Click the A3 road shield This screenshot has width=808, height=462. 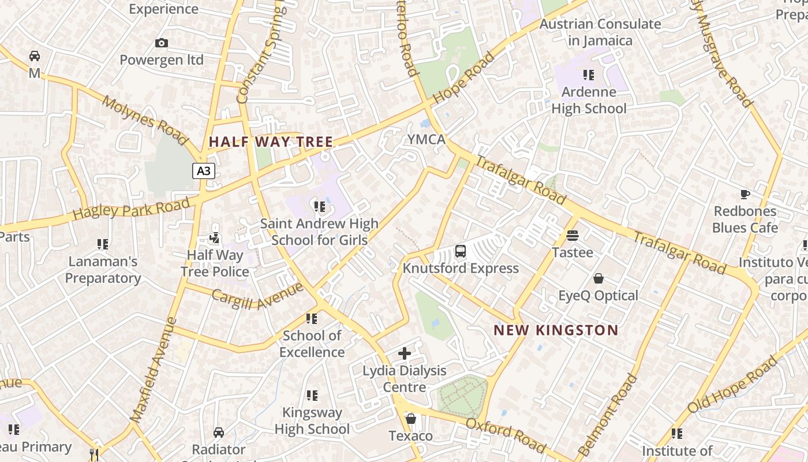tap(204, 171)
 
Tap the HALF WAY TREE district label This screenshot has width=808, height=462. tap(271, 141)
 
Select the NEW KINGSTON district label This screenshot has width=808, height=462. tap(556, 330)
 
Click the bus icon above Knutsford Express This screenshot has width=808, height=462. tap(460, 251)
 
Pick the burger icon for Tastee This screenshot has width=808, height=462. tap(573, 236)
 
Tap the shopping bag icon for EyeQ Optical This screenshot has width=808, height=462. tap(598, 279)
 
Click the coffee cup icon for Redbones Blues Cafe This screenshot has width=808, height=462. tap(745, 194)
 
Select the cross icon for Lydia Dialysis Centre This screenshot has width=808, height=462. tap(405, 353)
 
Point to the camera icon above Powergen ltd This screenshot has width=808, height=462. tap(162, 43)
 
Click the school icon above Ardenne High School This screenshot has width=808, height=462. tap(588, 74)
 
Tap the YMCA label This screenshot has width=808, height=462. tap(427, 139)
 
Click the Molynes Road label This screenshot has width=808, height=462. tap(145, 120)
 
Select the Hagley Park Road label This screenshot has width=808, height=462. tap(131, 208)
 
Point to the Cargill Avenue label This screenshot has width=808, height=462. tap(257, 296)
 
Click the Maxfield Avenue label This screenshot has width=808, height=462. tap(152, 370)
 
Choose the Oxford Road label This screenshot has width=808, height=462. tap(505, 436)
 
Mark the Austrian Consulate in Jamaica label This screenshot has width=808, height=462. tap(600, 32)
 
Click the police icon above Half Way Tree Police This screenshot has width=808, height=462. tap(214, 238)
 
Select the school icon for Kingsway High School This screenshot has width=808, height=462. tap(312, 396)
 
